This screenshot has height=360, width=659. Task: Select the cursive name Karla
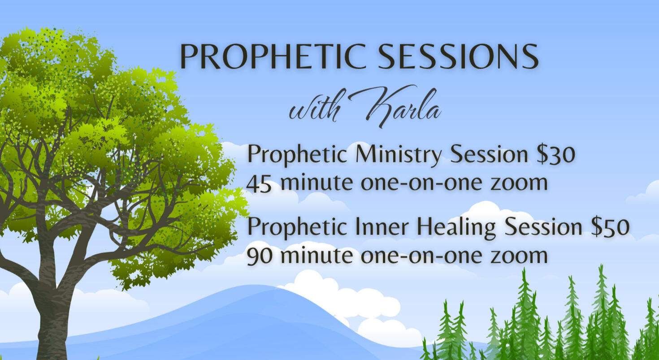pyautogui.click(x=403, y=106)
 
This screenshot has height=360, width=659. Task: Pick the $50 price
pyautogui.click(x=610, y=227)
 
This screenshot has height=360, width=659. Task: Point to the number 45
pyautogui.click(x=259, y=183)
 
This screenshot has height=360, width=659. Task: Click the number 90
pyautogui.click(x=259, y=256)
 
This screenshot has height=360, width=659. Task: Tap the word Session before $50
pyautogui.click(x=543, y=227)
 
